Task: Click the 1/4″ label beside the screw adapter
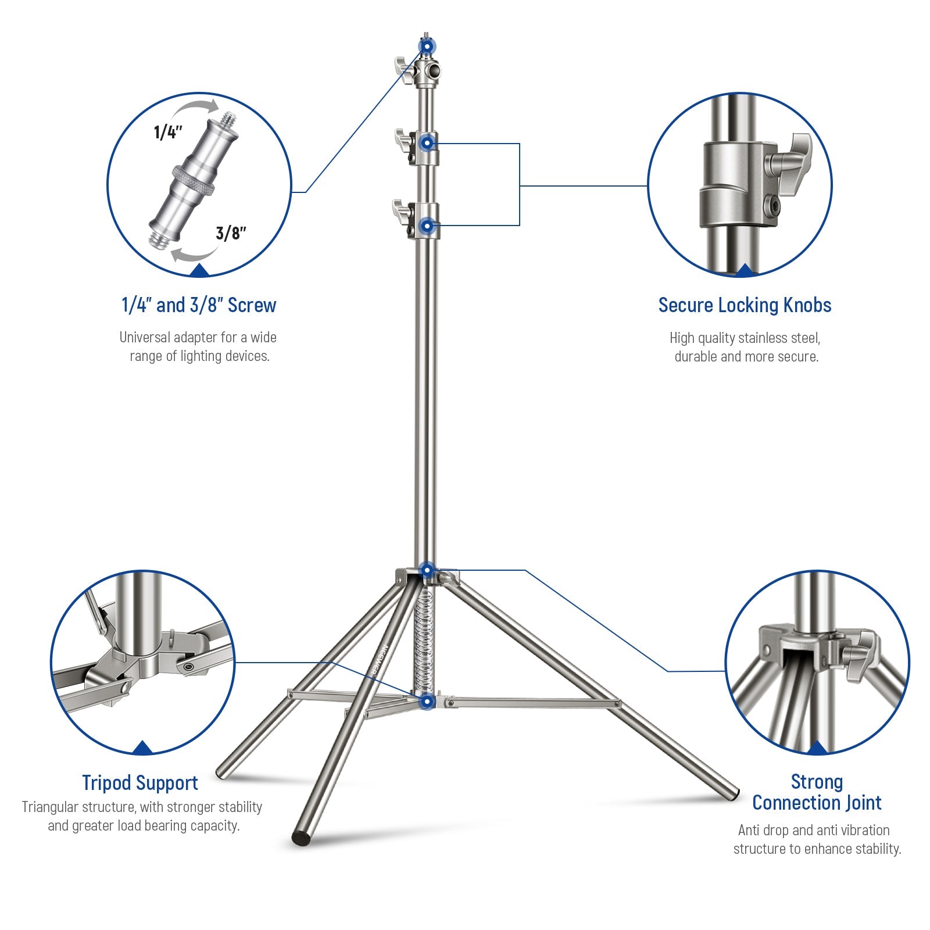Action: click(x=168, y=132)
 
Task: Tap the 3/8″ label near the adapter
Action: click(x=231, y=233)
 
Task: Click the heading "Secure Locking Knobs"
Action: click(x=744, y=305)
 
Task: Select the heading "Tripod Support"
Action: click(x=139, y=782)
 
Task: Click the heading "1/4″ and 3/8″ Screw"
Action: click(x=198, y=305)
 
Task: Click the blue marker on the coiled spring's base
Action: click(x=427, y=702)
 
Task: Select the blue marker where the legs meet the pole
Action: click(x=427, y=570)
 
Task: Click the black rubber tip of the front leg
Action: click(x=301, y=838)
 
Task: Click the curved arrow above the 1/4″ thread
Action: click(x=198, y=109)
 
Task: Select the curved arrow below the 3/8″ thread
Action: click(x=192, y=256)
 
